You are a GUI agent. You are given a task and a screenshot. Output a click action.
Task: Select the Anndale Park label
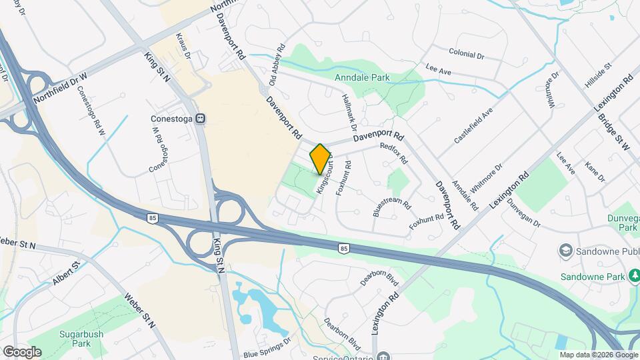click(x=363, y=78)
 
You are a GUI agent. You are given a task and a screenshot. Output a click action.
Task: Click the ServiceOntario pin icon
click(x=381, y=357)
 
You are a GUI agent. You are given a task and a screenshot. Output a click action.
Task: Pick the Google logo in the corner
click(x=22, y=351)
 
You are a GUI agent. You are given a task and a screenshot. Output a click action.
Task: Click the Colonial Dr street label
click(x=466, y=53)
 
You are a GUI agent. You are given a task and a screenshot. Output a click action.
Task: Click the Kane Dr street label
click(x=594, y=173)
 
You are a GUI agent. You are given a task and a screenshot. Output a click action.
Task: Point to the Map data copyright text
click(x=599, y=355)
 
